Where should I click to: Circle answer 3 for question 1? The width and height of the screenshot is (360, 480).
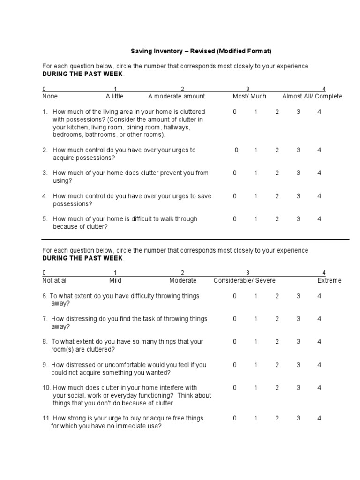point(298,112)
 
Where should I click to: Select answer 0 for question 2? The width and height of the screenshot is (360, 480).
point(237,150)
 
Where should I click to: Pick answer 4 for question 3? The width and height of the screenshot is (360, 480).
point(319,173)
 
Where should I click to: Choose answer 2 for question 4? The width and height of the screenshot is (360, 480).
point(277,196)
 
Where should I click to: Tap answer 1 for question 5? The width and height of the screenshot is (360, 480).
point(256,219)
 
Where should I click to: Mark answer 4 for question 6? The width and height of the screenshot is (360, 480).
point(319,296)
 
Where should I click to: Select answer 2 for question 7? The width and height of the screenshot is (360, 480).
point(277,319)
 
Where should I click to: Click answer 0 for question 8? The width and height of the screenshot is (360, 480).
point(235,342)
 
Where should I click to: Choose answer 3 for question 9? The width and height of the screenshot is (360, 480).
point(298,365)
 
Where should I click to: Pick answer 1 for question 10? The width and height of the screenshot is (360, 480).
point(256,388)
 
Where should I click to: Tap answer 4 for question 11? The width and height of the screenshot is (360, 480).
point(319,418)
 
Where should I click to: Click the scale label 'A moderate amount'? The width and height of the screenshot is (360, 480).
point(177,96)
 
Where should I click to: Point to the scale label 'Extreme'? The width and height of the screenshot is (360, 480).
point(330,280)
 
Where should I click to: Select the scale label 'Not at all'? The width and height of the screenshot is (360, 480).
point(55,280)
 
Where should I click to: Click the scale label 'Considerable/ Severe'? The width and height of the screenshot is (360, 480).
point(245,280)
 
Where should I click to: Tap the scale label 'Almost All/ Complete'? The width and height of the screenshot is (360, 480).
point(312,96)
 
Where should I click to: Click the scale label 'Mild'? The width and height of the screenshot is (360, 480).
point(115,280)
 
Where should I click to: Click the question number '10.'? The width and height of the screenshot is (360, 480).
point(46,388)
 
